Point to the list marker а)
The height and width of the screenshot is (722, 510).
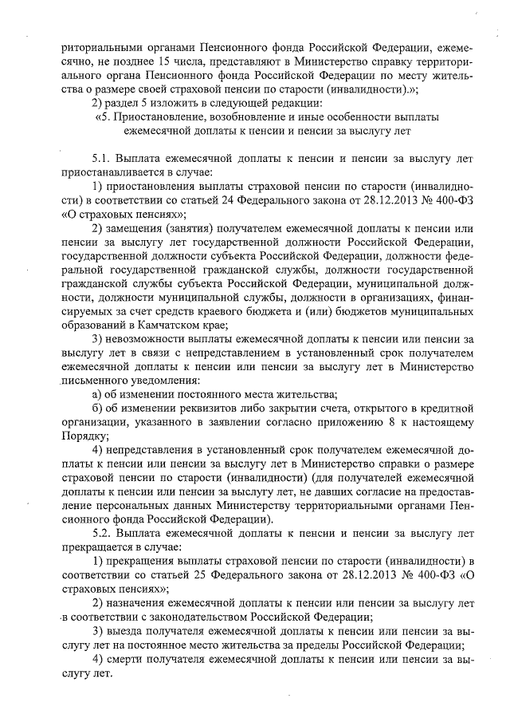[98, 394]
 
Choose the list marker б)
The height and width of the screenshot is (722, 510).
[98, 408]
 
